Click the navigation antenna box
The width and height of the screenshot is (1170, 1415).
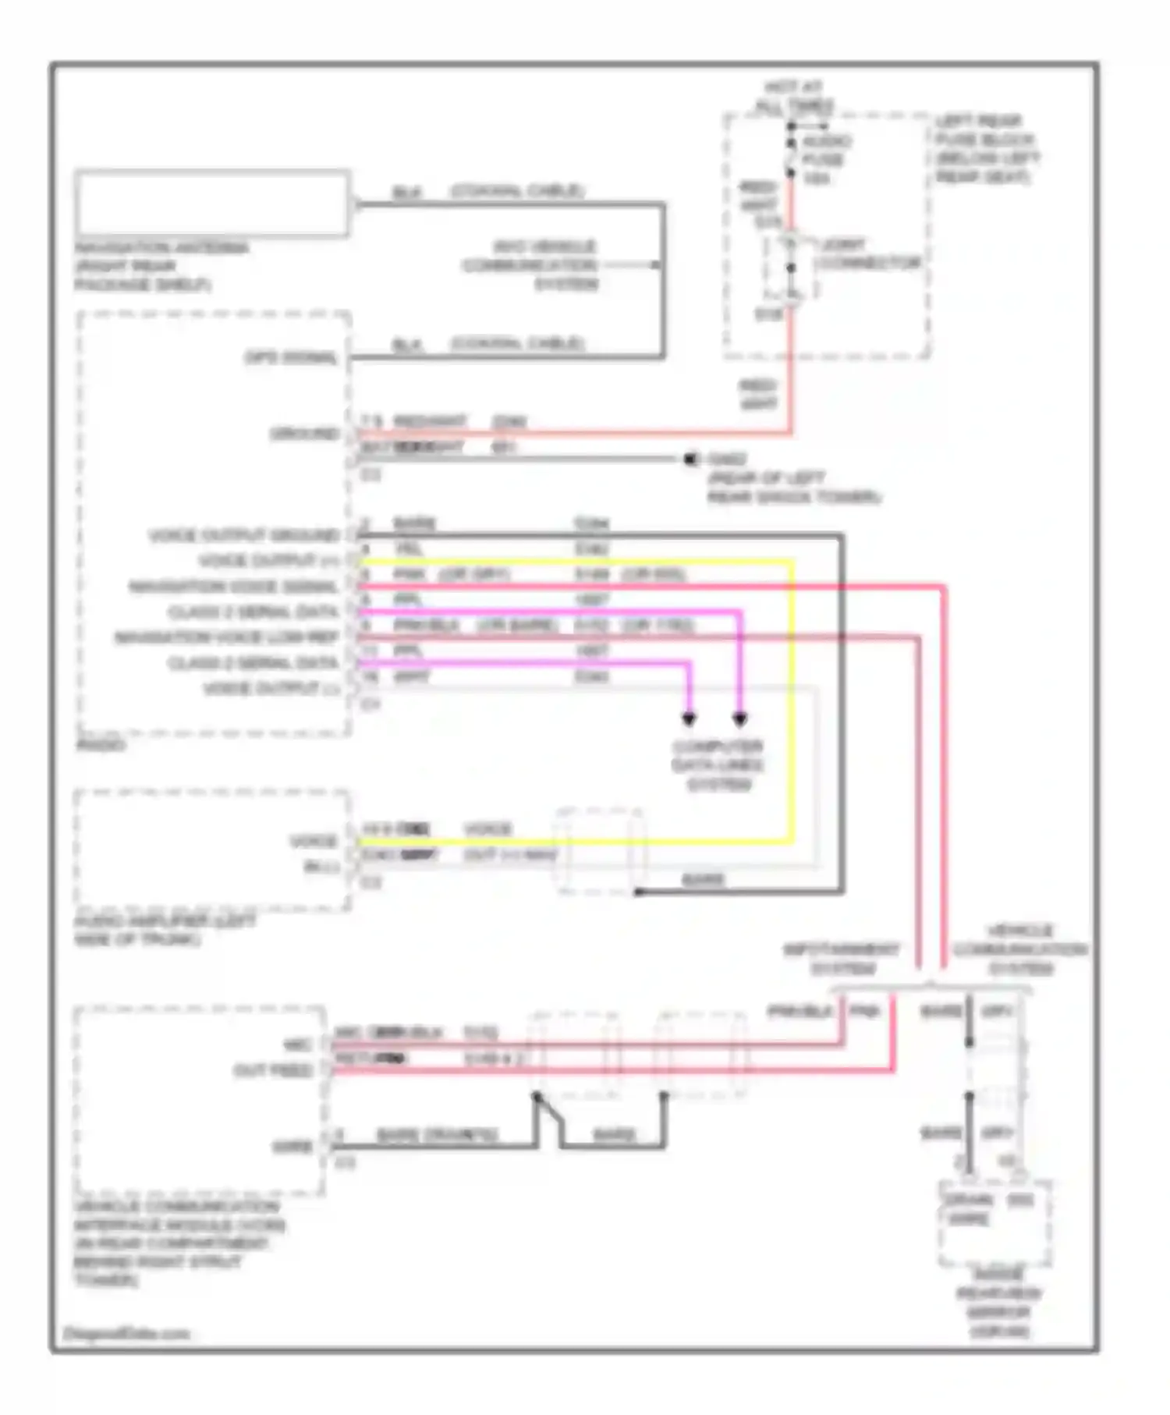point(212,203)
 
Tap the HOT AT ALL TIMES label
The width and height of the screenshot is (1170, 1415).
point(794,97)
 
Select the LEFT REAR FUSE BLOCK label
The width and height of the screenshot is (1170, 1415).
point(987,149)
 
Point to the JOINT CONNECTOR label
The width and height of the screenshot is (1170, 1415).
point(869,254)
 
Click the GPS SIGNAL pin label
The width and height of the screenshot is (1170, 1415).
point(291,358)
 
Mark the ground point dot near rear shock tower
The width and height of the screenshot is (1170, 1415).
point(690,459)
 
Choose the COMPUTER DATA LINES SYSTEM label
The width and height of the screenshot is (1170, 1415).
point(718,765)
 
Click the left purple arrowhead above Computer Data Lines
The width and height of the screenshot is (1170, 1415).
point(689,718)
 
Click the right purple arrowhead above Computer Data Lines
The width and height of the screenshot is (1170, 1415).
point(739,718)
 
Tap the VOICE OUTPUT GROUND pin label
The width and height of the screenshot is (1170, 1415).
point(244,536)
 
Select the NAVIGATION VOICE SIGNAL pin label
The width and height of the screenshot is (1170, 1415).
point(233,587)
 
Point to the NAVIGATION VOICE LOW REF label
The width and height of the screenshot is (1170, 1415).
point(226,638)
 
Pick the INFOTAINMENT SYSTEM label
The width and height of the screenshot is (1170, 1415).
point(842,959)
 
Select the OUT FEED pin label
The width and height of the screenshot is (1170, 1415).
point(272,1071)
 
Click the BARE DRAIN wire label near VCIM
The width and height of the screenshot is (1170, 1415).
point(436,1135)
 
